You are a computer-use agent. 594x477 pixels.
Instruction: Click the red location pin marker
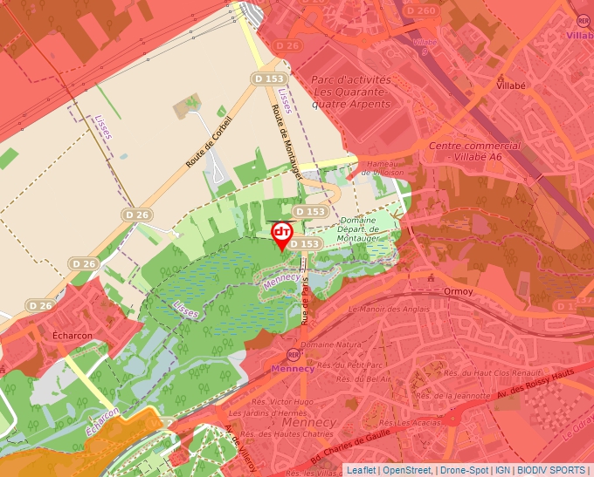(x=282, y=234)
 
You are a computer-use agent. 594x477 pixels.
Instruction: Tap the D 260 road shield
(x=421, y=10)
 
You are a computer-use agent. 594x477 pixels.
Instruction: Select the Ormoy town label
(x=458, y=290)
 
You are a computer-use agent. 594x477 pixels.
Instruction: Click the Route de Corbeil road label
(x=209, y=142)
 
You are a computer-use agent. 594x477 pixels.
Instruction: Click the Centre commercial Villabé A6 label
(x=475, y=152)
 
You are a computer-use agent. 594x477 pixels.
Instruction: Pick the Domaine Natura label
(x=343, y=345)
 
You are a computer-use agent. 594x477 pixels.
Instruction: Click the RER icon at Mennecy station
(x=292, y=355)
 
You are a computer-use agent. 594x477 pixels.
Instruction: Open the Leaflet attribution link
(x=361, y=470)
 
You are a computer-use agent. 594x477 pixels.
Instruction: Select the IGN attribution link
(x=502, y=470)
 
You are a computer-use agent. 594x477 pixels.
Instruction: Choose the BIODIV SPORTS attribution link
(x=552, y=470)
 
